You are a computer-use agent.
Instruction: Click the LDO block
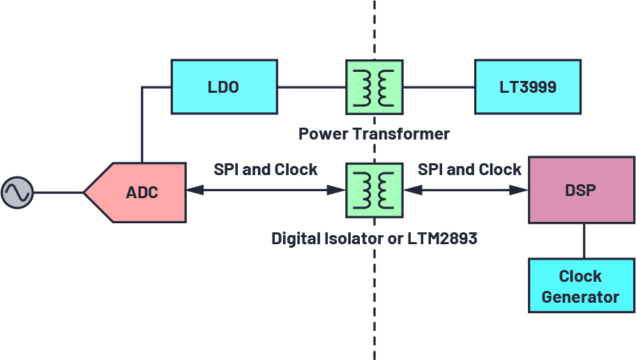(x=224, y=87)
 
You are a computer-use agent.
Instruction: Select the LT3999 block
(x=527, y=87)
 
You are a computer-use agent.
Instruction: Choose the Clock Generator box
(x=581, y=286)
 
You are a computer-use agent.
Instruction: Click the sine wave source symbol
(x=17, y=193)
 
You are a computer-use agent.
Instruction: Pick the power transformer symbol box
(x=374, y=87)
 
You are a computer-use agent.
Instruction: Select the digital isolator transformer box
(x=374, y=189)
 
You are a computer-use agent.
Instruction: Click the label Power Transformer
(x=374, y=133)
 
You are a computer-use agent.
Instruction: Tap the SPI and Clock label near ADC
(x=266, y=170)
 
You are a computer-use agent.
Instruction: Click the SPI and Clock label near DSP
(x=469, y=170)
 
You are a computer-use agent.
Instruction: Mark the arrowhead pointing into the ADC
(x=192, y=190)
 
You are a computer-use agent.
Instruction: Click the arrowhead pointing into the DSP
(x=523, y=190)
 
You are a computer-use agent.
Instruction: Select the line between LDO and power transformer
(x=311, y=87)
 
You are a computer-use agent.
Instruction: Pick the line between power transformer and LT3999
(x=439, y=87)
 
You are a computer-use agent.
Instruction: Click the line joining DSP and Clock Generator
(x=584, y=241)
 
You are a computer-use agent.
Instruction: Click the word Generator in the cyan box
(x=580, y=297)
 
